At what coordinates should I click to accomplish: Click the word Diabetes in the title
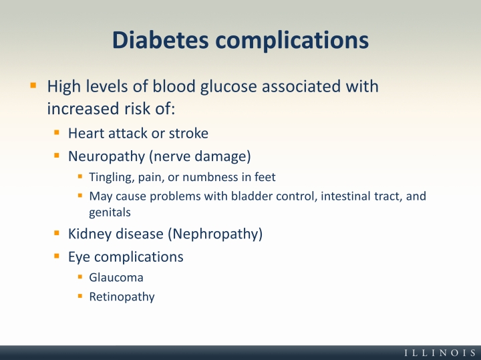pos(160,40)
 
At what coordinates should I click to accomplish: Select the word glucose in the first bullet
pos(228,87)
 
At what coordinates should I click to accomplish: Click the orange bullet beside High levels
pos(33,85)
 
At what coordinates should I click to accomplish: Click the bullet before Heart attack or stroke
pos(56,132)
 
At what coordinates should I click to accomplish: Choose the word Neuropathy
pos(106,157)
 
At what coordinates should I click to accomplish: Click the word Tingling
pos(112,178)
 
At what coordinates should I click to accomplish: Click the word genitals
pos(110,212)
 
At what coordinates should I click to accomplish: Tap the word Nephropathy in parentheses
pos(215,234)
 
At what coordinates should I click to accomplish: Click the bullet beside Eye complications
pos(56,256)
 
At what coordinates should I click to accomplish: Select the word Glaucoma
pos(116,277)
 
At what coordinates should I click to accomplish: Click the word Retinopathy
pos(122,297)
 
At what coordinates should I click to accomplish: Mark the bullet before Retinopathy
pos(80,297)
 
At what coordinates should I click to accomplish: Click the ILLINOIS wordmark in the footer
pos(440,353)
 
